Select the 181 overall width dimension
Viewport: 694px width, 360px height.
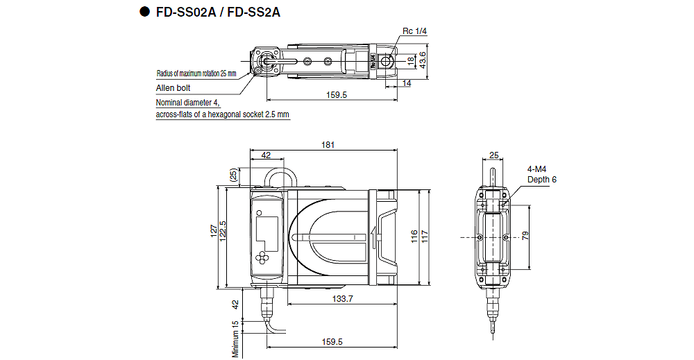[x=328, y=145]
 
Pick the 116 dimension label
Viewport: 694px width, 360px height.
[x=414, y=237]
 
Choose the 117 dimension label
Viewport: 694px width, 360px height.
[x=425, y=237]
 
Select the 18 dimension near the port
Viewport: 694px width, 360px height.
[x=411, y=61]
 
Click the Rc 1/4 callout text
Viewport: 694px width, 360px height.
[x=414, y=31]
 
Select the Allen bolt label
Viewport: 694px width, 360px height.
[x=173, y=88]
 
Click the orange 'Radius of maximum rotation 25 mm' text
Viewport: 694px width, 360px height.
[x=196, y=73]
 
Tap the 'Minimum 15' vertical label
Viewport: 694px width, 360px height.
[x=236, y=338]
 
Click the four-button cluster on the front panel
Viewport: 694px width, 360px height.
[x=265, y=257]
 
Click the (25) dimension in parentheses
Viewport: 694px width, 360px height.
[x=232, y=176]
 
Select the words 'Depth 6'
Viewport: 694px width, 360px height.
[x=541, y=180]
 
